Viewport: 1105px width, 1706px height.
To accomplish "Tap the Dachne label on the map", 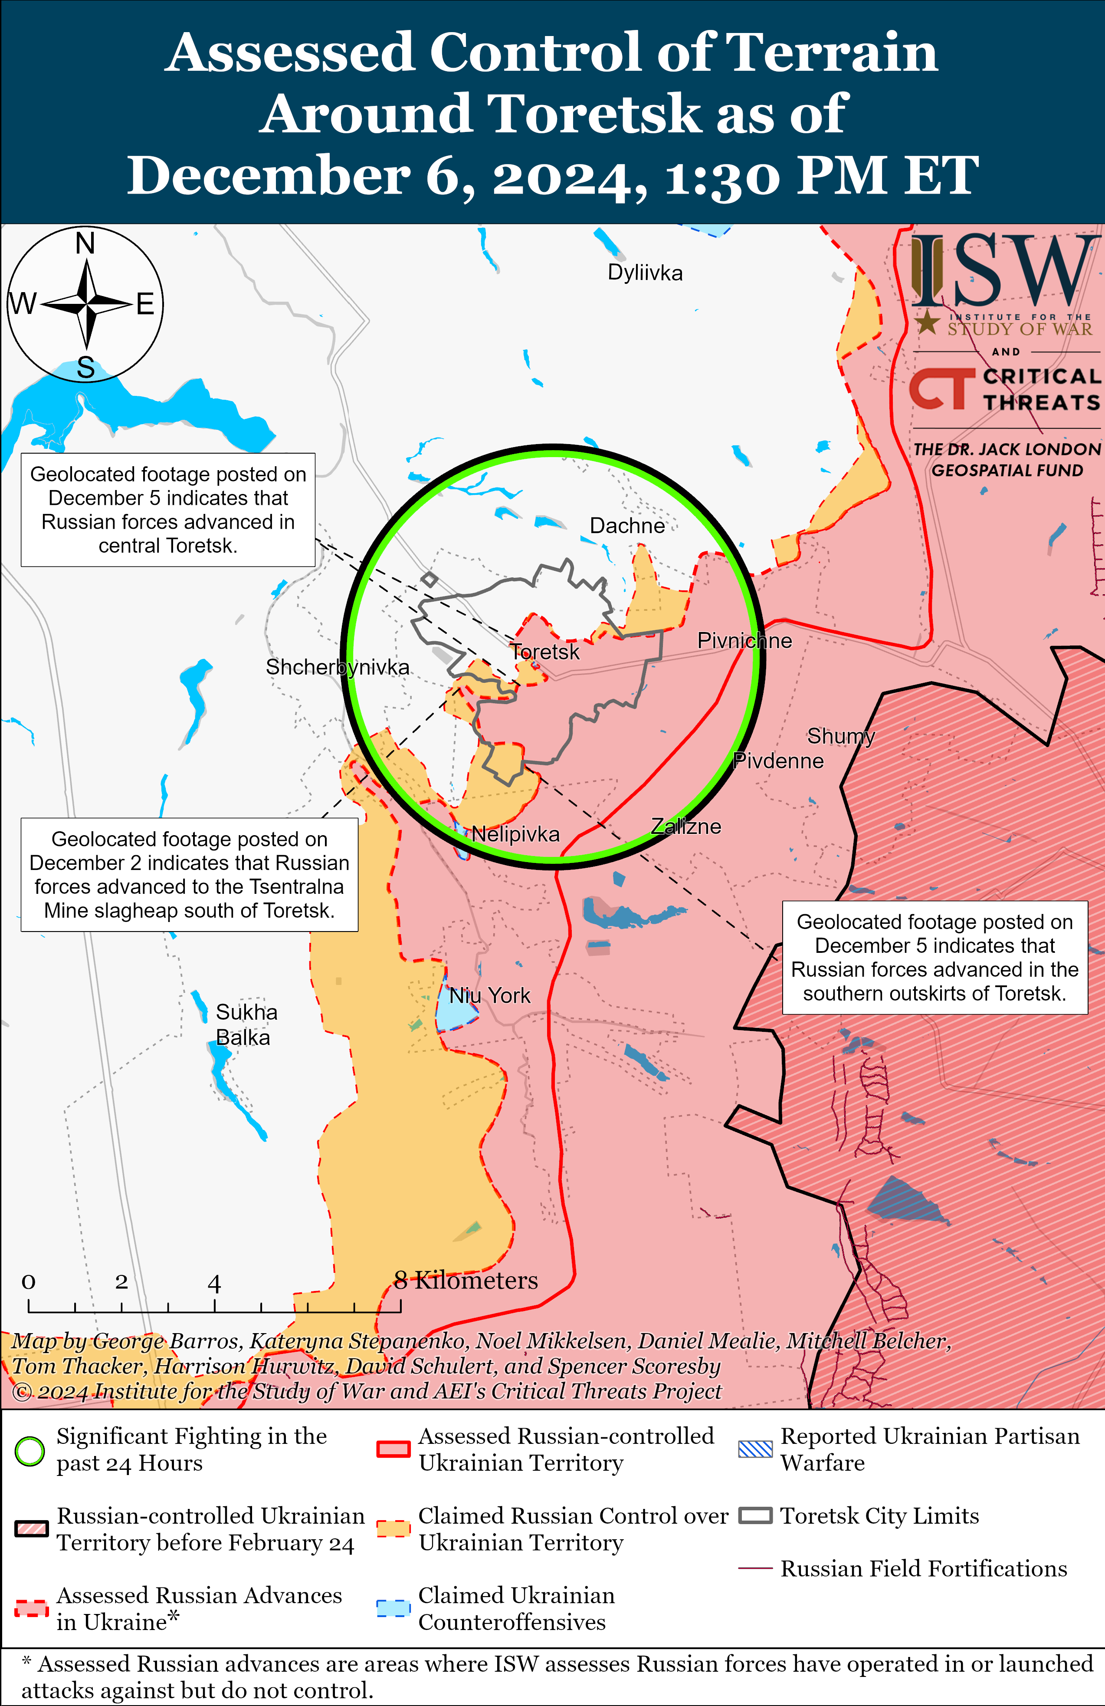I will [627, 526].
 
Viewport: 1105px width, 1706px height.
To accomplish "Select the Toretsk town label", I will [544, 652].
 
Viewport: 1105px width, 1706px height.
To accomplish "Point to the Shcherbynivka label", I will [338, 667].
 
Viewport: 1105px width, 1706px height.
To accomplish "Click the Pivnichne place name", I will [744, 641].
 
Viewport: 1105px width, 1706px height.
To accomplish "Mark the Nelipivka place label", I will [515, 834].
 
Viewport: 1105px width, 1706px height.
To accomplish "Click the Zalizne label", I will [686, 827].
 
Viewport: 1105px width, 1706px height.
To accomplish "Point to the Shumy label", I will [841, 736].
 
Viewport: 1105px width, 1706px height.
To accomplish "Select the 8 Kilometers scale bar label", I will [466, 1280].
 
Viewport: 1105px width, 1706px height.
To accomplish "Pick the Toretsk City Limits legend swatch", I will [755, 1516].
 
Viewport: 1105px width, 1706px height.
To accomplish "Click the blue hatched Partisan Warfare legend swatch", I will [755, 1449].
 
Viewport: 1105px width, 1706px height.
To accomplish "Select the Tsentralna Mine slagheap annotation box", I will [189, 875].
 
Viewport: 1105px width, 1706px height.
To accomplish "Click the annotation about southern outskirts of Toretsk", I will [934, 958].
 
